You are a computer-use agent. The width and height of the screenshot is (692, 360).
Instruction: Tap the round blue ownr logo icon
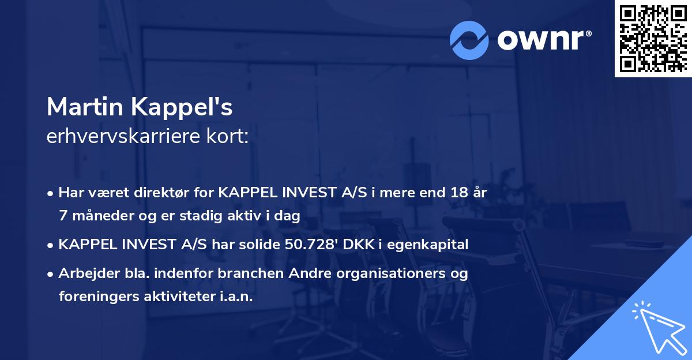coord(469,40)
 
